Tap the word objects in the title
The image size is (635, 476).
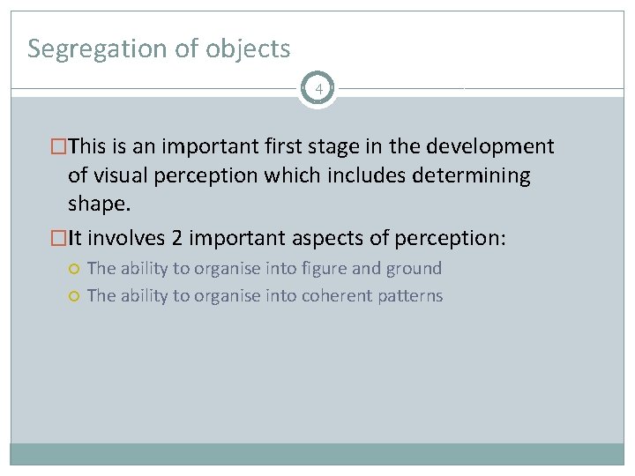tap(248, 48)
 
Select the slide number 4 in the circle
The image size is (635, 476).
tap(317, 89)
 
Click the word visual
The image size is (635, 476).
tap(120, 175)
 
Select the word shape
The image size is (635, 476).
tap(99, 205)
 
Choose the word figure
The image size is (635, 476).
tap(325, 268)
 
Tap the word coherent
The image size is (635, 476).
tap(338, 295)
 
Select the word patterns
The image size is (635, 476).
tap(411, 295)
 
